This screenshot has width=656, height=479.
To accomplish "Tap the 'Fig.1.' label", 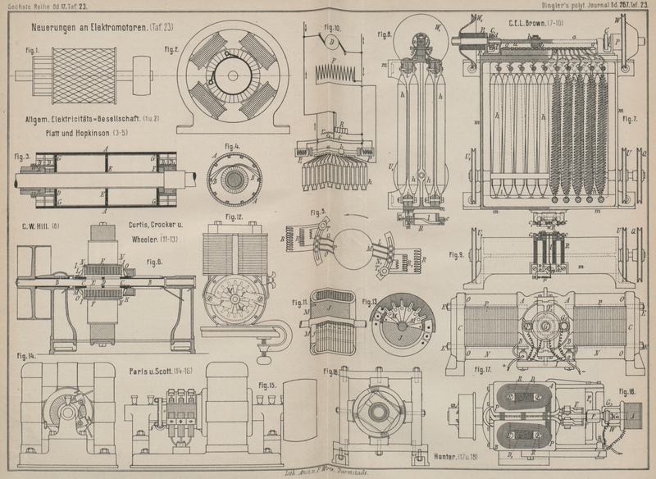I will click(x=32, y=51).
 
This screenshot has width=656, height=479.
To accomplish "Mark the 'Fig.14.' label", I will click(x=26, y=356).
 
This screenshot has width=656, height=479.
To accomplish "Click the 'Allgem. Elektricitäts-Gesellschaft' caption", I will click(x=82, y=118).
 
